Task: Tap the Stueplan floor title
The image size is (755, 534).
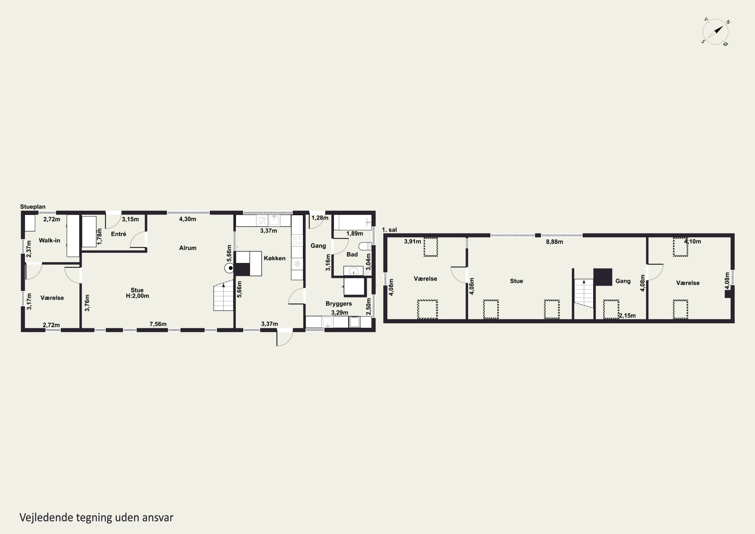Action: (x=33, y=207)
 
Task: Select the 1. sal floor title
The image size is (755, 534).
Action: (x=389, y=230)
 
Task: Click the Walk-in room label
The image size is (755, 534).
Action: (x=50, y=240)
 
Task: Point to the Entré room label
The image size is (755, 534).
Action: (x=119, y=234)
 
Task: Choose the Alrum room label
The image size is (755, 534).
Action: (x=188, y=248)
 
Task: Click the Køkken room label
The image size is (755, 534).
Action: (x=275, y=258)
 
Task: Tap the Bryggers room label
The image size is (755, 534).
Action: (x=339, y=304)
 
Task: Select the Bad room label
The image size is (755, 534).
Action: (x=352, y=255)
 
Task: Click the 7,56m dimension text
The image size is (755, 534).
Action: (x=158, y=324)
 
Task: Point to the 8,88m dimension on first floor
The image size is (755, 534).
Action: (x=554, y=242)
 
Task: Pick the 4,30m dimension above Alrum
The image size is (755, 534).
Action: (x=188, y=219)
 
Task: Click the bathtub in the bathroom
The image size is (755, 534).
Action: (x=353, y=222)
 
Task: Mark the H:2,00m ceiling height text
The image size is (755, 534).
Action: (x=137, y=296)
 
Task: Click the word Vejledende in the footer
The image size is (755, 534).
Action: (x=46, y=518)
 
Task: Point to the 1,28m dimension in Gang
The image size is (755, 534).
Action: (x=320, y=218)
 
